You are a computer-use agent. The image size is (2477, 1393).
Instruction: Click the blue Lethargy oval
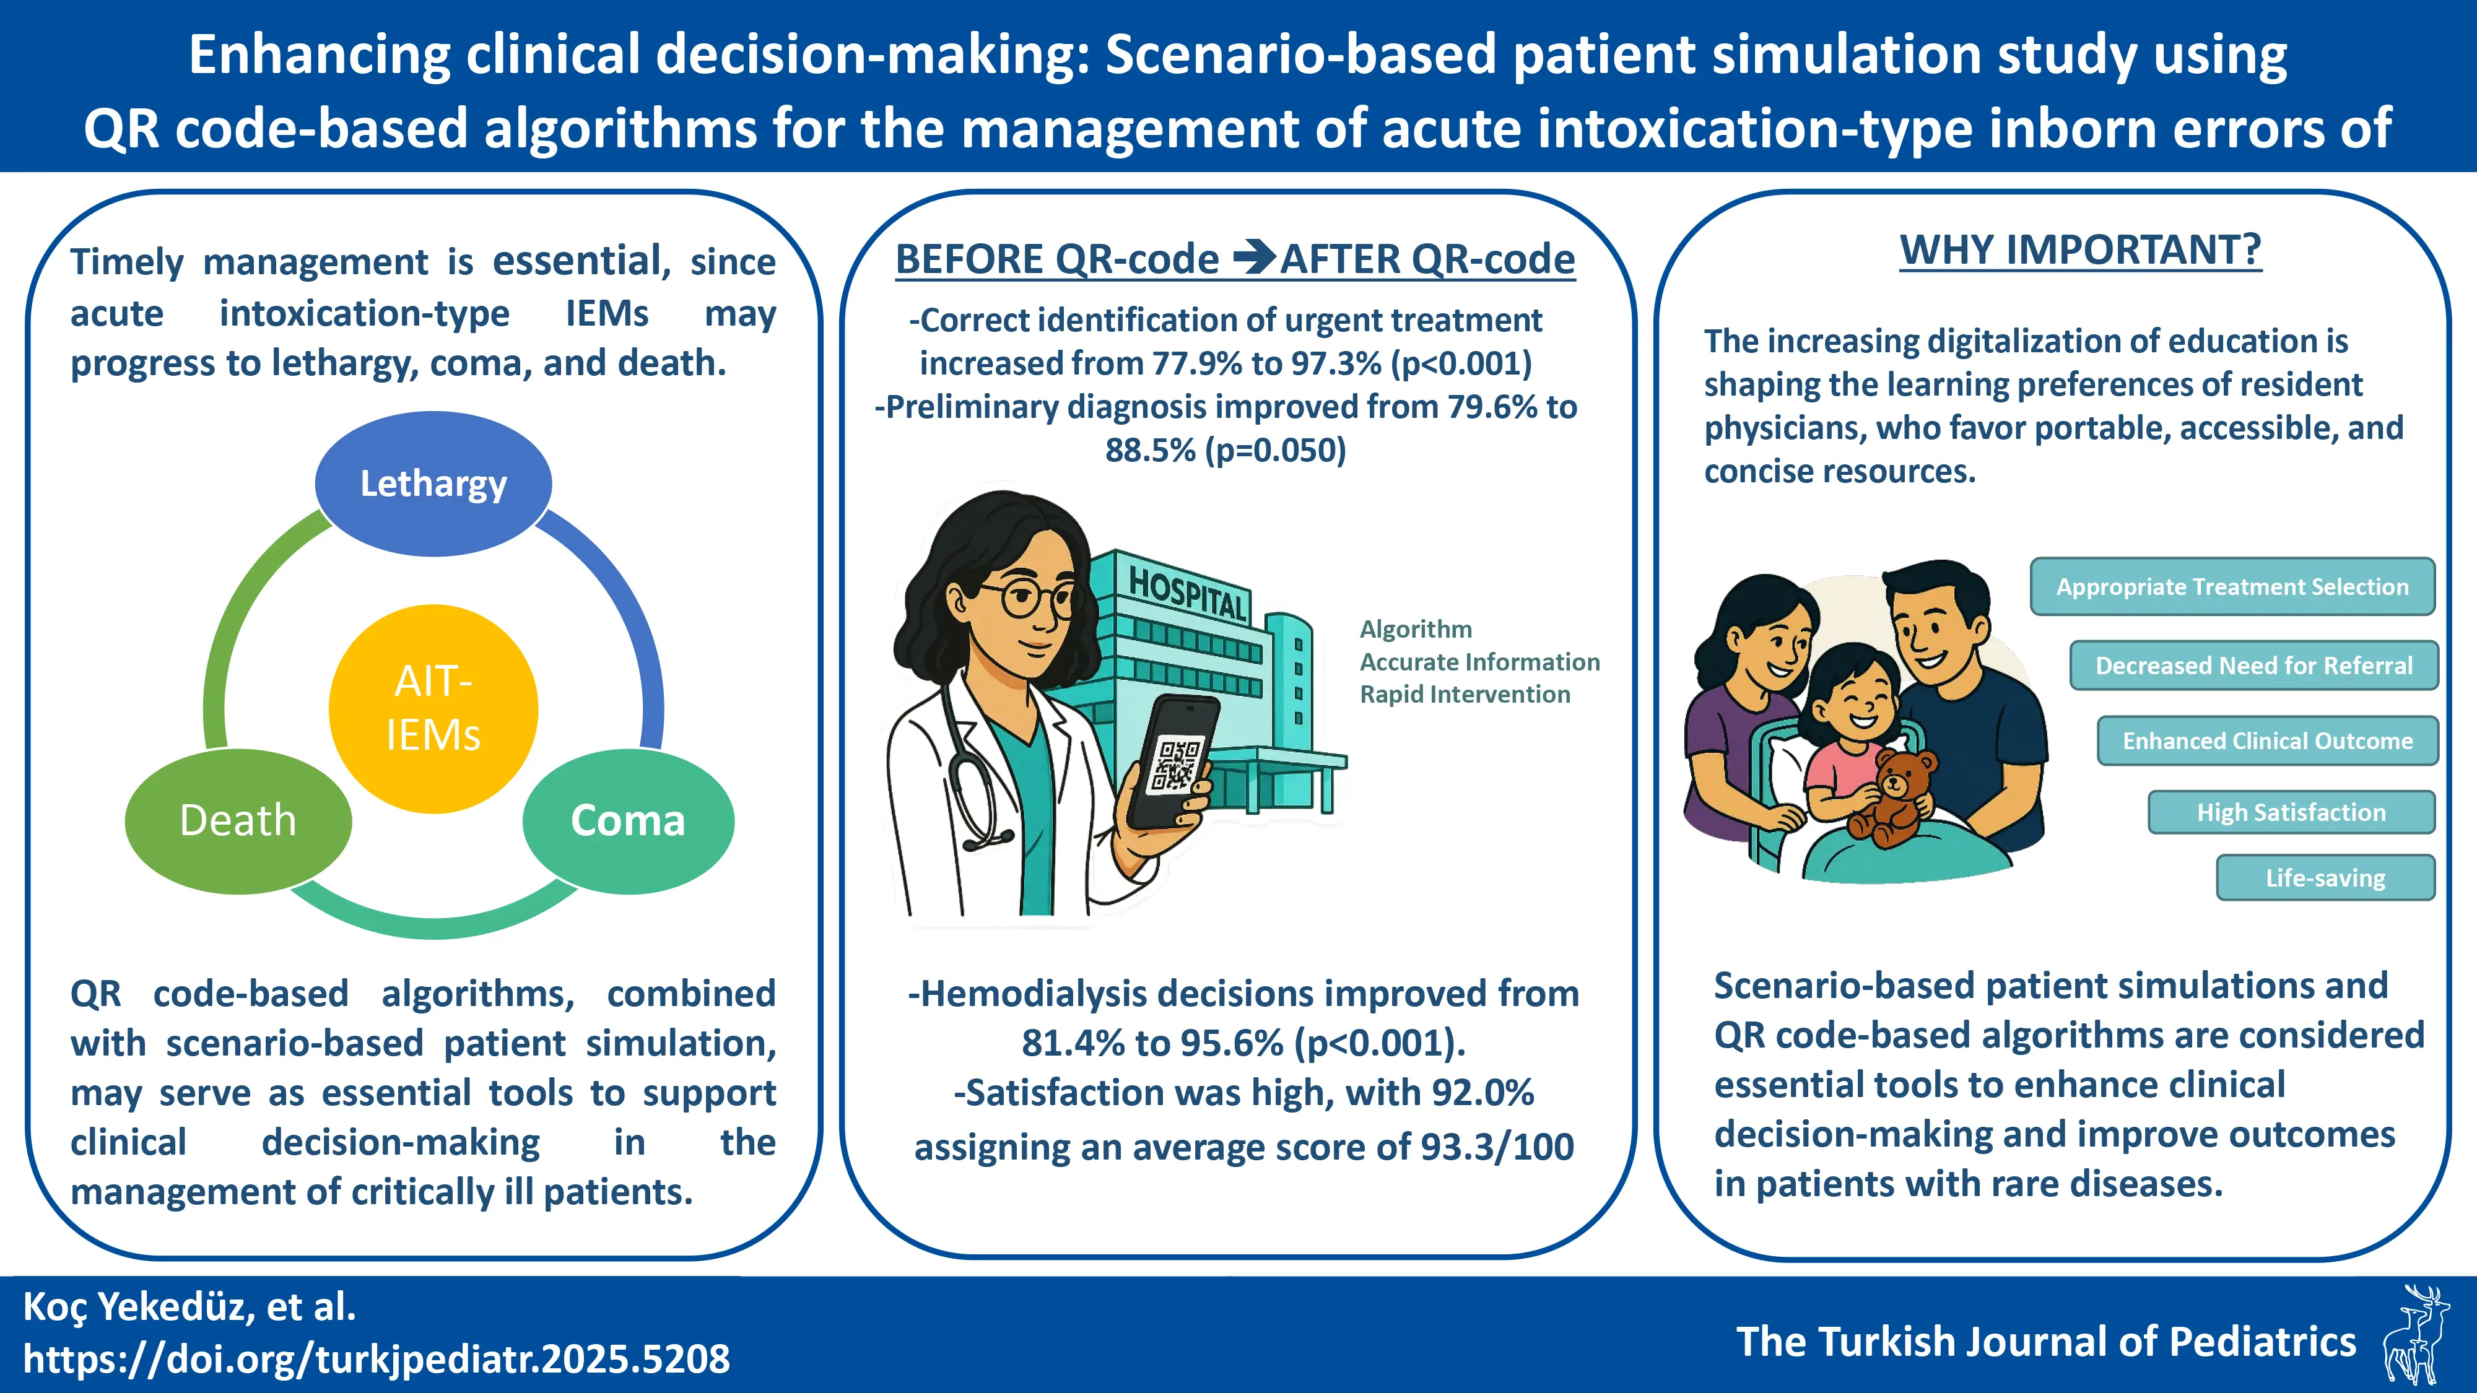pos(433,484)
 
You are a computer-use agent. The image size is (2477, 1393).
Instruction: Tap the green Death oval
pos(238,821)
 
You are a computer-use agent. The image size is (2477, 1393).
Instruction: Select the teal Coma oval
pos(628,821)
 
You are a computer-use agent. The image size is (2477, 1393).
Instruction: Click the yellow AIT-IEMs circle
pos(433,708)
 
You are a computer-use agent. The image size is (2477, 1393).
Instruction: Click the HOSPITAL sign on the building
pos(1188,593)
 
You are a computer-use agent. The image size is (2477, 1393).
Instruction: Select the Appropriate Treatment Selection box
pos(2232,586)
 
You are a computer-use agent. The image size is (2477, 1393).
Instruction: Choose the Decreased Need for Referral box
pos(2254,666)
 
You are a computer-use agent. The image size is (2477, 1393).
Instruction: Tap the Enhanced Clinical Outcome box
pos(2267,740)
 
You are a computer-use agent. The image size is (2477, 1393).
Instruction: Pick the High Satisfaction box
pos(2291,812)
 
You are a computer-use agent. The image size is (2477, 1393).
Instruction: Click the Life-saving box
pos(2325,878)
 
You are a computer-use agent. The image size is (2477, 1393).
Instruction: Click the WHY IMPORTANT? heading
pos(2081,250)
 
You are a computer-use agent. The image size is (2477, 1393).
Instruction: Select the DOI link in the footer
pos(376,1358)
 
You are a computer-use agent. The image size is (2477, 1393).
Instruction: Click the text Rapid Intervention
pos(1465,694)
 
